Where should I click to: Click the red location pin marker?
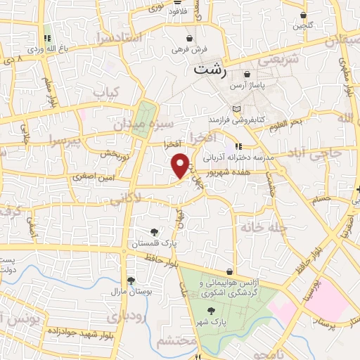[181, 165]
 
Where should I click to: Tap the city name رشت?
[211, 70]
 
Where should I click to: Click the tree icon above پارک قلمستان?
[155, 232]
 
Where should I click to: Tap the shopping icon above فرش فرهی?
[189, 38]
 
